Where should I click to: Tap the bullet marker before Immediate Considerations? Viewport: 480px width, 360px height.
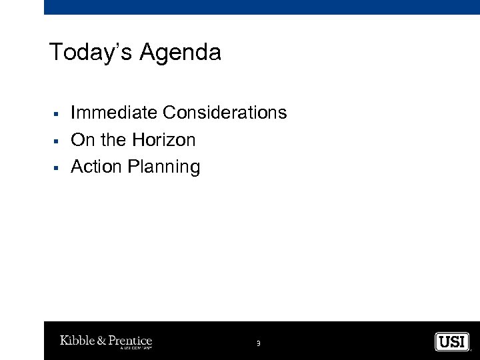57,114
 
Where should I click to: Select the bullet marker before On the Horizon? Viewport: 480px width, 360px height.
57,141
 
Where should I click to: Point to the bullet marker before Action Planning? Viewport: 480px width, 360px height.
57,168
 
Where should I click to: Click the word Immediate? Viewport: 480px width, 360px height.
114,113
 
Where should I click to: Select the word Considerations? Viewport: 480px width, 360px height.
225,113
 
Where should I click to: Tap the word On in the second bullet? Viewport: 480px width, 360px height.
83,140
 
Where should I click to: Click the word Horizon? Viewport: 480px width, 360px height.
163,140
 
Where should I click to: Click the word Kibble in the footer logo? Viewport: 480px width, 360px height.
77,341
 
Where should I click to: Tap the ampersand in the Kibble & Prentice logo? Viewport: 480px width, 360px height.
101,341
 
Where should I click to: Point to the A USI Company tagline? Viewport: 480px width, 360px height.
136,348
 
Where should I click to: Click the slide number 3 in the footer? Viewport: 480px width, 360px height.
258,343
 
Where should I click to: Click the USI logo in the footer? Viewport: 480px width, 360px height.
452,342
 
